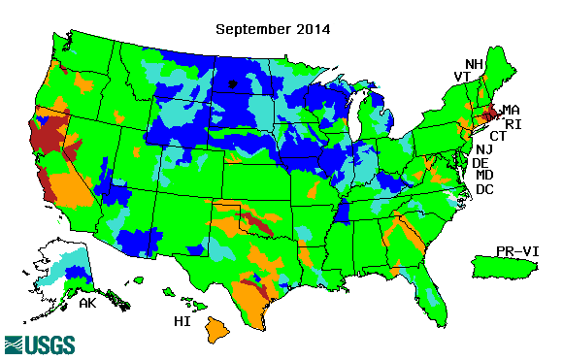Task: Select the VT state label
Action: click(462, 77)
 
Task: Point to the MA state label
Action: click(511, 110)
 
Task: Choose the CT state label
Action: click(498, 136)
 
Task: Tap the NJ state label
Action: click(484, 149)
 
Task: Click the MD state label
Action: click(485, 176)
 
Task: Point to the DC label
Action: click(485, 189)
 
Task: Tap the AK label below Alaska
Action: click(87, 303)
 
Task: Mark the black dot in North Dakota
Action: click(232, 83)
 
